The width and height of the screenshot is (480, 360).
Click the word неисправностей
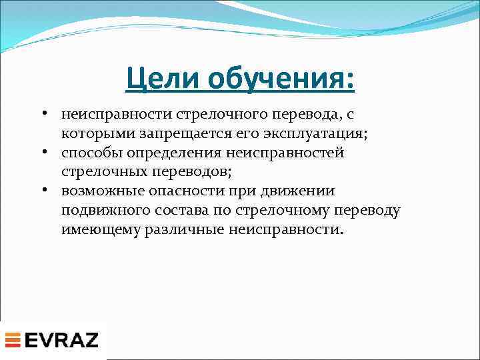click(291, 153)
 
